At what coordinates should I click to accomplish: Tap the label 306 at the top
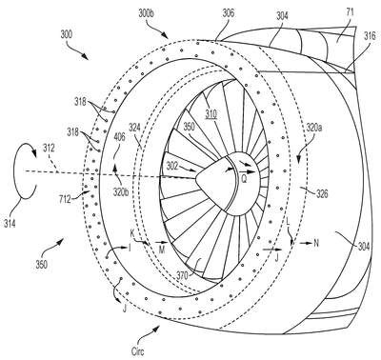click(228, 13)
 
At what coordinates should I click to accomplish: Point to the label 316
click(370, 35)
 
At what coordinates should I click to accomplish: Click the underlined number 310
click(211, 113)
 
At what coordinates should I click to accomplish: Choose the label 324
click(135, 129)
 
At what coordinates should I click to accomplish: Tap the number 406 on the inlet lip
click(119, 137)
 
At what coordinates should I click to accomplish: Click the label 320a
click(314, 128)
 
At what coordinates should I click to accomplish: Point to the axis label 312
click(49, 148)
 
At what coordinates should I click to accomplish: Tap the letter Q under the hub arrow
click(244, 179)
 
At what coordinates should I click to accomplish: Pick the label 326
click(322, 193)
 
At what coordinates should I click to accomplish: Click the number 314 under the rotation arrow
click(10, 224)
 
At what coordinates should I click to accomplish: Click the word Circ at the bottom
click(138, 351)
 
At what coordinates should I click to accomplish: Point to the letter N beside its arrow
click(316, 243)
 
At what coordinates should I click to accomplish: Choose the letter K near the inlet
click(132, 233)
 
